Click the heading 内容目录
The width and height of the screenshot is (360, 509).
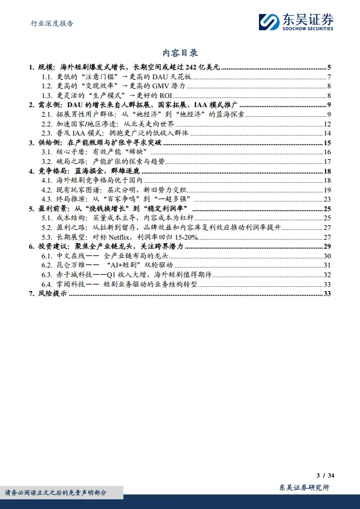180,53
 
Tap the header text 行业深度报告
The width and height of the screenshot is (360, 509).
52,24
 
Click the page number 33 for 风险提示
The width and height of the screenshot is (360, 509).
327,294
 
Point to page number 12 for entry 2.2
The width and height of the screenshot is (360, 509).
327,123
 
